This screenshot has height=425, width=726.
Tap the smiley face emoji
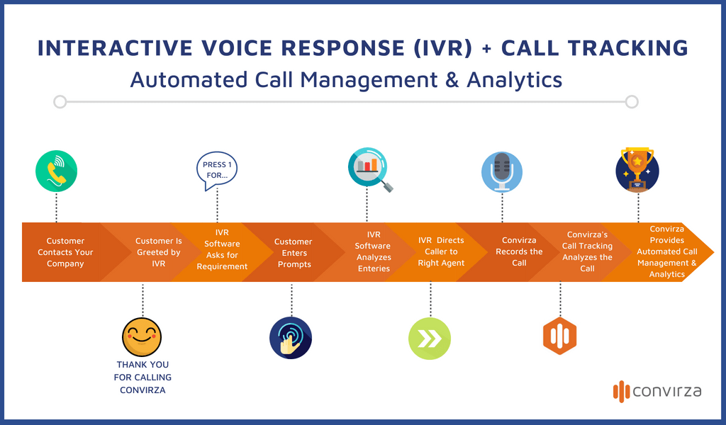point(142,336)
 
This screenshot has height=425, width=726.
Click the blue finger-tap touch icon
point(291,338)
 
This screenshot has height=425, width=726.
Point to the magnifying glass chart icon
point(369,171)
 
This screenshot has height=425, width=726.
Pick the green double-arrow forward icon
point(430,339)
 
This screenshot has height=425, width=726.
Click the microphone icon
point(502,171)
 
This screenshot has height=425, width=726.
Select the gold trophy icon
point(637,170)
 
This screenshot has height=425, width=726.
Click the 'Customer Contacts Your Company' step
point(65,252)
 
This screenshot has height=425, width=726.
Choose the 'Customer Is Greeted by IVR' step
point(159,252)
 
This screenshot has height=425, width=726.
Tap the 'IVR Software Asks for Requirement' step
point(222,249)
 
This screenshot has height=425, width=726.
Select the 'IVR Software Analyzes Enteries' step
point(374,252)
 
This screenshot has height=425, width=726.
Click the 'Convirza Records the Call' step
point(519,251)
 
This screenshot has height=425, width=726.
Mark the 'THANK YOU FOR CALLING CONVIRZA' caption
point(143,377)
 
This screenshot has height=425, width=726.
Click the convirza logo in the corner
point(657,390)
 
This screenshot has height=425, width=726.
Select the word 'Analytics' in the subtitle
point(514,79)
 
